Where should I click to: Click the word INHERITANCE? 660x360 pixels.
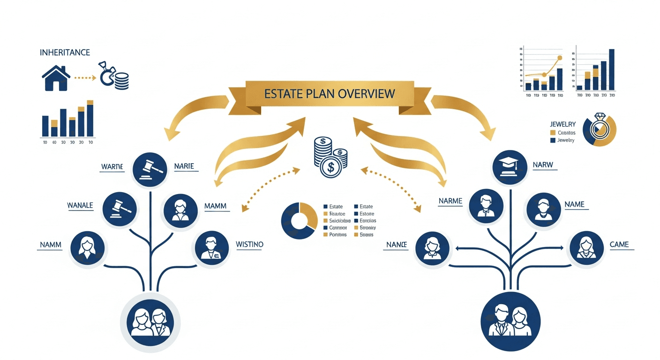[x=65, y=52]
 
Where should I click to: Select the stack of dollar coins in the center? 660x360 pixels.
[x=330, y=157]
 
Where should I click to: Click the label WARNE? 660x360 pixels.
[x=112, y=166]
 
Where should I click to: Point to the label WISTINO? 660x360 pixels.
[x=249, y=244]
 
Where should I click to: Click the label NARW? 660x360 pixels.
[x=543, y=165]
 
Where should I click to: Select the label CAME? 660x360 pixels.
[x=619, y=244]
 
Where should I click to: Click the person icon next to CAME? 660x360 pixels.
[x=585, y=247]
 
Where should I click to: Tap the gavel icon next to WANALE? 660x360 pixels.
[x=120, y=209]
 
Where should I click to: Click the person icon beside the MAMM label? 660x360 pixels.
[x=180, y=210]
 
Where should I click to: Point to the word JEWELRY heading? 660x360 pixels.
[x=562, y=124]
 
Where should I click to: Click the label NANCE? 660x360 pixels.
[x=397, y=244]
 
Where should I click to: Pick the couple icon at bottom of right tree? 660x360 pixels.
[x=510, y=322]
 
